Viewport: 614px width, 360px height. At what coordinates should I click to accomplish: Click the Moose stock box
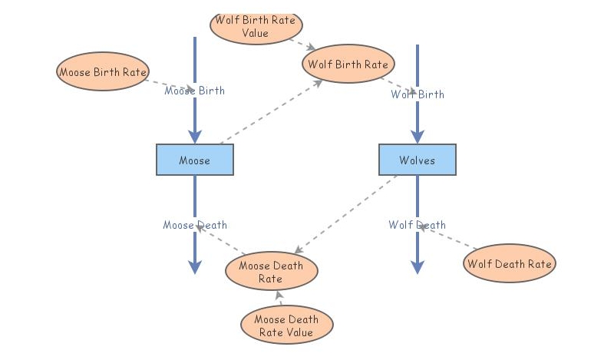pyautogui.click(x=195, y=160)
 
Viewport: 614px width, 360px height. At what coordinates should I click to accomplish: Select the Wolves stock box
pyautogui.click(x=418, y=160)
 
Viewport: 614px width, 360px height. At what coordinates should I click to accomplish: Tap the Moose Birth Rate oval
pyautogui.click(x=102, y=72)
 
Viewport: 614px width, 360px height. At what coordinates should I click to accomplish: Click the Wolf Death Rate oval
pyautogui.click(x=510, y=264)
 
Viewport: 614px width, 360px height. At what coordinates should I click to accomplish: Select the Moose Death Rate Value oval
pyautogui.click(x=286, y=325)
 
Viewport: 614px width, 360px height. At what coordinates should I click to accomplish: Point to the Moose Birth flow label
pyautogui.click(x=195, y=91)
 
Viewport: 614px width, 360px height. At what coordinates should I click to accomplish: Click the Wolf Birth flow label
pyautogui.click(x=418, y=94)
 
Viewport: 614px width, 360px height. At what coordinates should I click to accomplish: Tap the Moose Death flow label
pyautogui.click(x=195, y=225)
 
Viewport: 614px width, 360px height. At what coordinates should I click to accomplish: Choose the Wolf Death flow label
pyautogui.click(x=418, y=225)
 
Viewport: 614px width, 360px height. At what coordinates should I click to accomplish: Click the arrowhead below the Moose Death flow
pyautogui.click(x=195, y=266)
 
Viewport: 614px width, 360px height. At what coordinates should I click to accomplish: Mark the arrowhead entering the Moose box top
pyautogui.click(x=195, y=137)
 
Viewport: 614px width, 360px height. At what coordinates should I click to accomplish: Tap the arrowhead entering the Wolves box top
pyautogui.click(x=418, y=137)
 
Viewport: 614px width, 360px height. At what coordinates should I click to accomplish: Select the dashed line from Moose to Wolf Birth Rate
pyautogui.click(x=269, y=112)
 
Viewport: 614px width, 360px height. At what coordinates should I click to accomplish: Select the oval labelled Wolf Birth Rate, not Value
pyautogui.click(x=348, y=64)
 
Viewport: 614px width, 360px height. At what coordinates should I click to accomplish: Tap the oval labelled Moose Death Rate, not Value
pyautogui.click(x=271, y=272)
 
